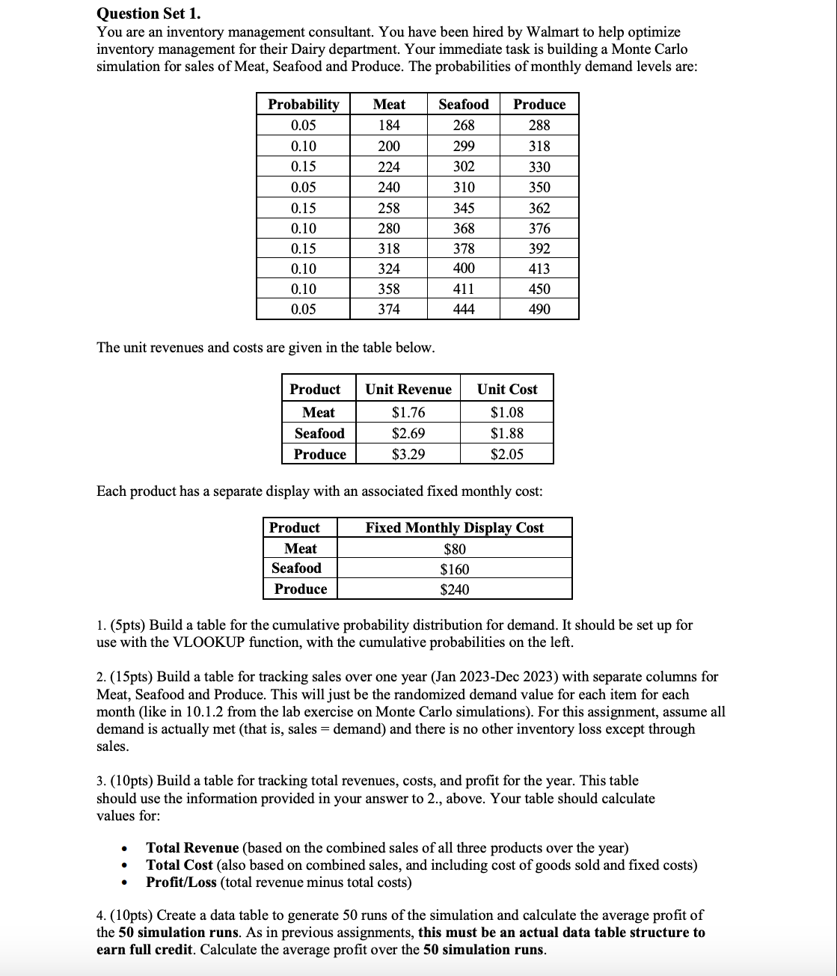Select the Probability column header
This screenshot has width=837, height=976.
(x=303, y=104)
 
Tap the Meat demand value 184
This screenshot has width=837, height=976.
(x=388, y=125)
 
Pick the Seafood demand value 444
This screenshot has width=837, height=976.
(x=463, y=309)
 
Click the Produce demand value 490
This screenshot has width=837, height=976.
(x=539, y=309)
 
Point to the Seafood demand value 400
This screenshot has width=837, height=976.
(x=463, y=268)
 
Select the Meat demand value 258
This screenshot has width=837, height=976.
(x=388, y=208)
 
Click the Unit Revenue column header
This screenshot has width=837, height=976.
(x=408, y=389)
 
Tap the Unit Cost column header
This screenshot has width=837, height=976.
(x=506, y=389)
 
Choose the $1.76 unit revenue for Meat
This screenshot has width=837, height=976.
(x=408, y=412)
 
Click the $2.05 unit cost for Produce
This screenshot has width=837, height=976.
(x=506, y=454)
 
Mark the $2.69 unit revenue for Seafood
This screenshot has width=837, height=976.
(x=408, y=433)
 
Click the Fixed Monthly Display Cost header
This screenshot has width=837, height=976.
(x=454, y=527)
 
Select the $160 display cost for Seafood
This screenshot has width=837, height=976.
(x=454, y=569)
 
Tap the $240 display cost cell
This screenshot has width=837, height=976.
(x=454, y=589)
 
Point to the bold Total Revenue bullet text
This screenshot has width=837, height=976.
(x=192, y=847)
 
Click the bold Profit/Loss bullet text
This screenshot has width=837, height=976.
(x=181, y=882)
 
